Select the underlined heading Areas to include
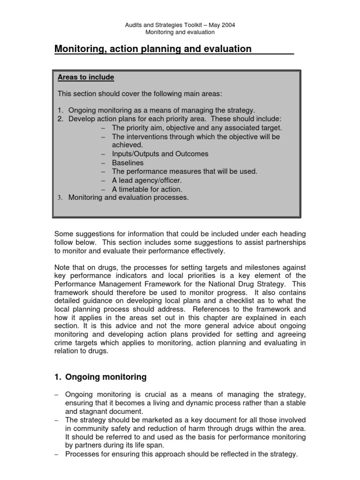pos(85,77)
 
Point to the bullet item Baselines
pos(127,163)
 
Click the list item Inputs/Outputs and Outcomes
pos(160,154)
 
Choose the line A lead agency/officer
pos(146,180)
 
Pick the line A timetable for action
pos(147,189)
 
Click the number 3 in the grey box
pos(60,198)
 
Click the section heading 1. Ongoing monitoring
pos(101,377)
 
